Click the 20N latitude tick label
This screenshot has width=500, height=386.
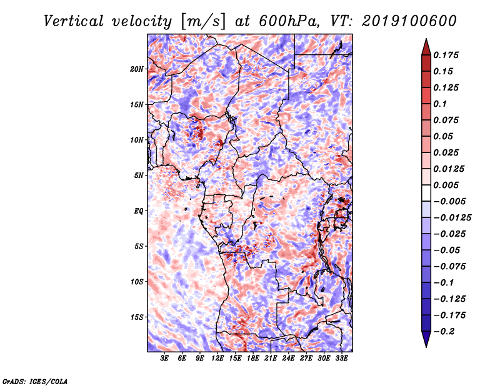(x=136, y=69)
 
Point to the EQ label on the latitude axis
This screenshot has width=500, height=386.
(x=138, y=211)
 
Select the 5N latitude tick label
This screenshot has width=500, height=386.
(x=139, y=176)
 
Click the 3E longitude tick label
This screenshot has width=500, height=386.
(x=164, y=359)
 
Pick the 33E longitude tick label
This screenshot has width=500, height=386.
(x=341, y=359)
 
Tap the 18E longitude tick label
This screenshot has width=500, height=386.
(x=253, y=359)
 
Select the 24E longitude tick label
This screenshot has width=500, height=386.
(x=288, y=359)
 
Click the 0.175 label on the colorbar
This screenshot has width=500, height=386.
(x=446, y=55)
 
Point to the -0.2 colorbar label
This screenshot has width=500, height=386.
(x=443, y=332)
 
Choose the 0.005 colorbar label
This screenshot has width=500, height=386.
(x=446, y=185)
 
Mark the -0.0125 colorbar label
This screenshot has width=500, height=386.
(x=452, y=218)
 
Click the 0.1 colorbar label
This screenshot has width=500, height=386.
(x=440, y=104)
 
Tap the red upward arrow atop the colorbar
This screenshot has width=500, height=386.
(x=426, y=47)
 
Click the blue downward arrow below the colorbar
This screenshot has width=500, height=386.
(x=426, y=339)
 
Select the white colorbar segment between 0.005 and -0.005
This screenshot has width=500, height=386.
(x=426, y=193)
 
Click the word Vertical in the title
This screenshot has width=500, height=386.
(x=73, y=21)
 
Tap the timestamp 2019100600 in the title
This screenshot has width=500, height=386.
(x=409, y=21)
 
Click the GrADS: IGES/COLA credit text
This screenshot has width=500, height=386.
(x=35, y=381)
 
